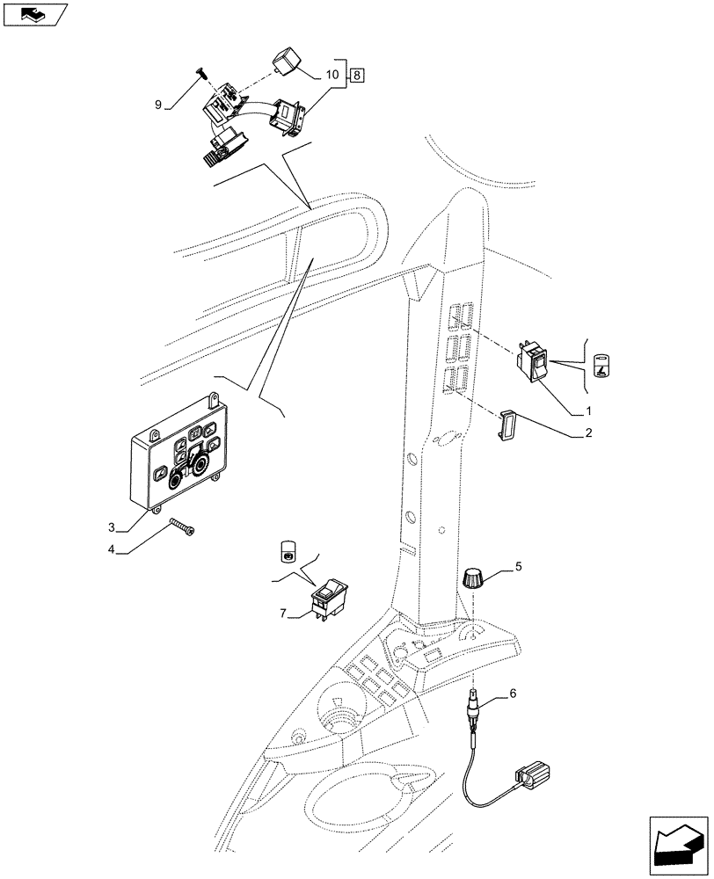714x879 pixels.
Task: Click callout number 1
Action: [589, 410]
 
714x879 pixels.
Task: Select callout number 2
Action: [589, 432]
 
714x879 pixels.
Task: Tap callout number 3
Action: [112, 527]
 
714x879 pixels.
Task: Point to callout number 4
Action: [112, 551]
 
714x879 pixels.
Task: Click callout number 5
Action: [518, 567]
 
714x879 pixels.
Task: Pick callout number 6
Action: [514, 694]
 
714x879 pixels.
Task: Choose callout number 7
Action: [283, 613]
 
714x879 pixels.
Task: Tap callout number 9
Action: [158, 105]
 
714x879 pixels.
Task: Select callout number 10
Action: [331, 76]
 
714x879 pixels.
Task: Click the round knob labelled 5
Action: [473, 579]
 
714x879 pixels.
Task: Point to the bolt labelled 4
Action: [182, 527]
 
